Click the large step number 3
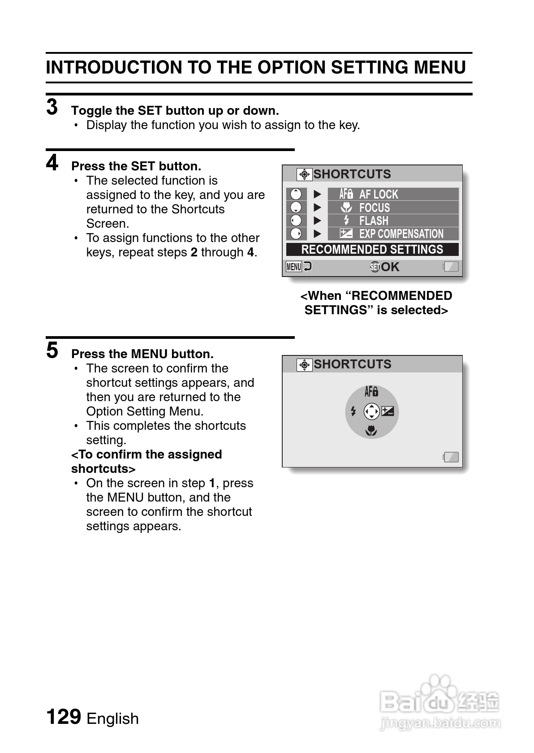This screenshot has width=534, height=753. point(52,108)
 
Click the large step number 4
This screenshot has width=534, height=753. point(52,163)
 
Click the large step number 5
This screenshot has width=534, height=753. point(52,351)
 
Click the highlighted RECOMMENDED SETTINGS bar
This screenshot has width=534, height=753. point(372,250)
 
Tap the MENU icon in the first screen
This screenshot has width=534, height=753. point(294,267)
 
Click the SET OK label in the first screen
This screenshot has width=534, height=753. point(385,267)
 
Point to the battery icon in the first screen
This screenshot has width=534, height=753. point(451,267)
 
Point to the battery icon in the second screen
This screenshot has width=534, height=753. point(451,457)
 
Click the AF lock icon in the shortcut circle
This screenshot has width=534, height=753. point(371,392)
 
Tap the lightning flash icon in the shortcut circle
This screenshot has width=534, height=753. point(353,411)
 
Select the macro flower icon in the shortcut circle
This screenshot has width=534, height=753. point(371,431)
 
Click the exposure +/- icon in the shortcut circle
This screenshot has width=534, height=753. point(388,411)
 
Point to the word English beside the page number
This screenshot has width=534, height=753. point(112,718)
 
